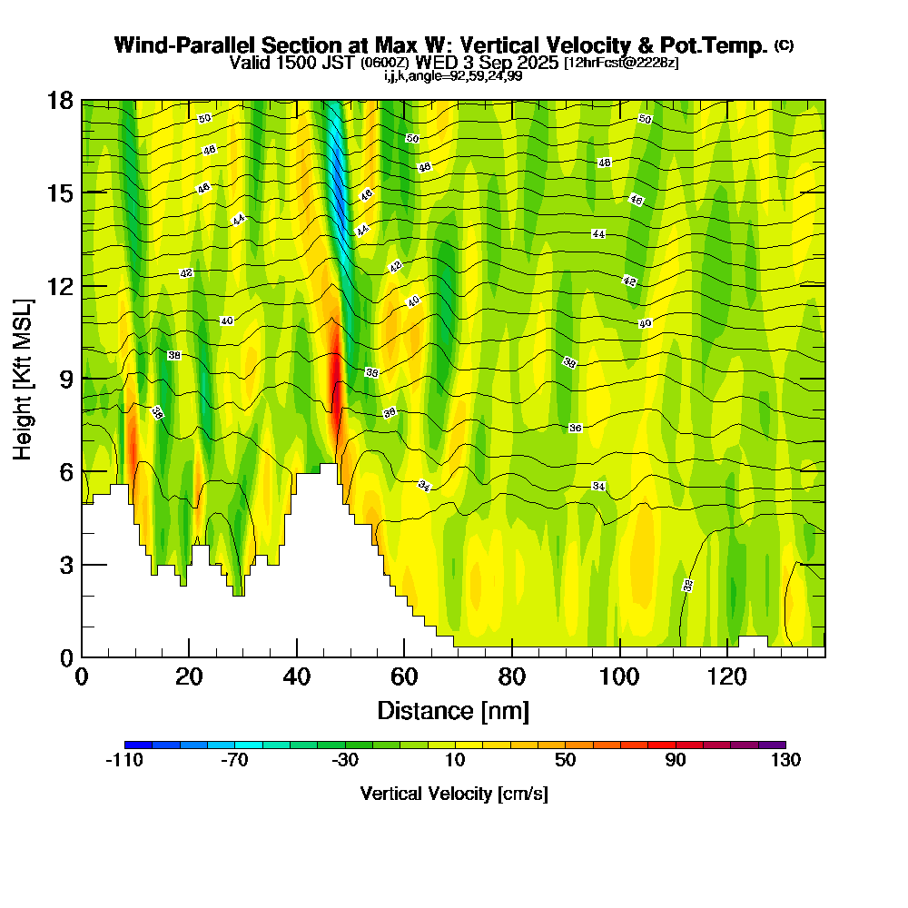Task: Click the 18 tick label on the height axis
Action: [61, 101]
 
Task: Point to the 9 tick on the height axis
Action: [82, 379]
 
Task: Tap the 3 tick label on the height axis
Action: [67, 564]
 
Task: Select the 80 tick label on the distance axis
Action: [512, 677]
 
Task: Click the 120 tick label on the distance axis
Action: [727, 677]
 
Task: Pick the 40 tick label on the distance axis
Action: [297, 677]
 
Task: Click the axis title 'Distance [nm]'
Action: [453, 710]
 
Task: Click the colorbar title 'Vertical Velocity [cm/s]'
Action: [454, 794]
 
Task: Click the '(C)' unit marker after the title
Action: [784, 45]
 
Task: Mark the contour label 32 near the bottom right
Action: [687, 586]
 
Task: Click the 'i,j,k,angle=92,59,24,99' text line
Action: [453, 75]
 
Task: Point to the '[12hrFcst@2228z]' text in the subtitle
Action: [620, 63]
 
